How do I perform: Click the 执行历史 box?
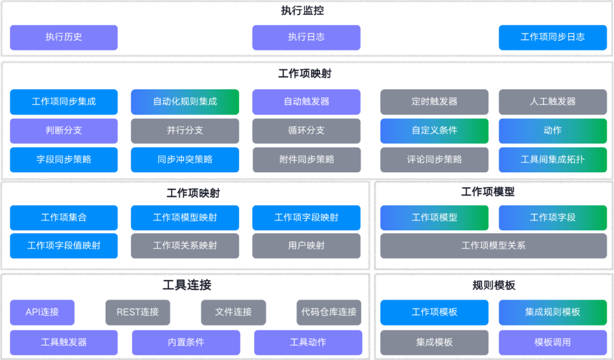pyautogui.click(x=64, y=38)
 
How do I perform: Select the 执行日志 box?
pyautogui.click(x=306, y=38)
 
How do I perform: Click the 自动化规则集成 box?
pyautogui.click(x=185, y=102)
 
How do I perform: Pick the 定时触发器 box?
pyautogui.click(x=434, y=102)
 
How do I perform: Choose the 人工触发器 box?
pyautogui.click(x=553, y=102)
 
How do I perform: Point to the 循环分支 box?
pyautogui.click(x=306, y=130)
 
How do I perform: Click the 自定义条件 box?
pyautogui.click(x=434, y=130)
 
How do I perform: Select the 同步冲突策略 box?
pyautogui.click(x=185, y=160)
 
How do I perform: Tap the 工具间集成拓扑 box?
pyautogui.click(x=553, y=160)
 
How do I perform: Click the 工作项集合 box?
pyautogui.click(x=64, y=218)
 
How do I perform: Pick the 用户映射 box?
pyautogui.click(x=306, y=246)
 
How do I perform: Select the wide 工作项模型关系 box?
pyautogui.click(x=493, y=246)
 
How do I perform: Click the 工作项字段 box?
pyautogui.click(x=553, y=218)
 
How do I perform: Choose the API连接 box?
pyautogui.click(x=42, y=312)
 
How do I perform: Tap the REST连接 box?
pyautogui.click(x=138, y=312)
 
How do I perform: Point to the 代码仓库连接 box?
pyautogui.click(x=329, y=312)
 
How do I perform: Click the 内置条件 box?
pyautogui.click(x=185, y=342)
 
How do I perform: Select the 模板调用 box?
pyautogui.click(x=553, y=342)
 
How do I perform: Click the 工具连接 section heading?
pyautogui.click(x=186, y=285)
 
